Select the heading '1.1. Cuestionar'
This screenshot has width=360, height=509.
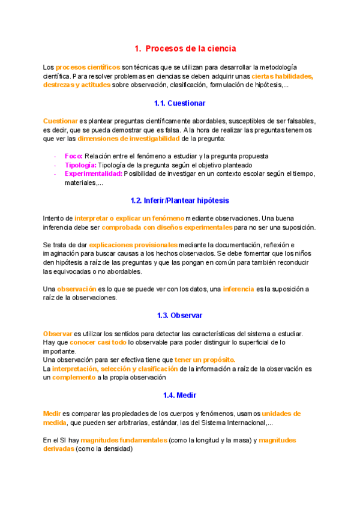pyautogui.click(x=180, y=103)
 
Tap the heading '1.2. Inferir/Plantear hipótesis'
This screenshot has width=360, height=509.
pyautogui.click(x=180, y=200)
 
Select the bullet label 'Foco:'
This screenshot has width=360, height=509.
pyautogui.click(x=74, y=156)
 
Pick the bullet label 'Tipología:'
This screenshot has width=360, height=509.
pyautogui.click(x=80, y=165)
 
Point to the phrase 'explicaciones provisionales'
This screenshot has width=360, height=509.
pyautogui.click(x=133, y=245)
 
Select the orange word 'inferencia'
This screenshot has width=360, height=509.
pyautogui.click(x=238, y=289)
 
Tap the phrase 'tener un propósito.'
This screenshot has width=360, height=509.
pyautogui.click(x=205, y=360)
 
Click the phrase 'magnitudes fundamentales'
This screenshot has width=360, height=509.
pyautogui.click(x=124, y=440)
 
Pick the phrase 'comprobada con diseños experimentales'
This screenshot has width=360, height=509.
pyautogui.click(x=167, y=227)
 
